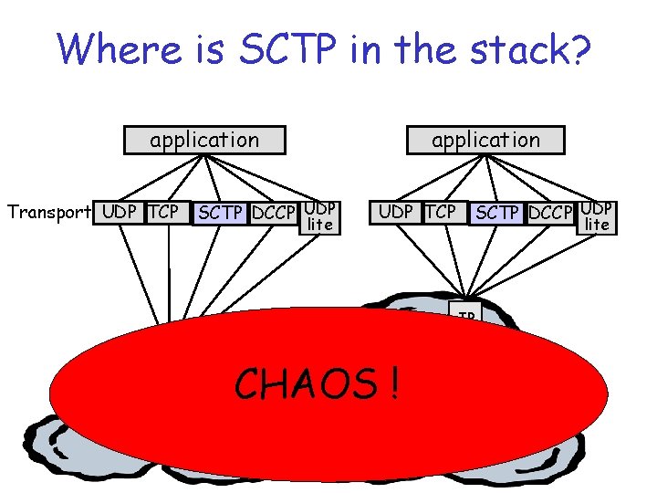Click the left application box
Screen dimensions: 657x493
[x=204, y=140]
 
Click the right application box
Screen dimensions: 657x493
[x=485, y=140]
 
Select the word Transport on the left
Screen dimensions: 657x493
[x=48, y=213]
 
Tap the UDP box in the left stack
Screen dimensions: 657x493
[x=119, y=212]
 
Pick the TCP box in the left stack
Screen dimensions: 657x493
[x=164, y=212]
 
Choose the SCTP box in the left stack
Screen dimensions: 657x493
[x=219, y=214]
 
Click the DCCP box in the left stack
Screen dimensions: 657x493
[x=274, y=214]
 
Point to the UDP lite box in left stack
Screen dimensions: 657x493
[x=319, y=216]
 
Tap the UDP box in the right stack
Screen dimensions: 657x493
[x=395, y=212]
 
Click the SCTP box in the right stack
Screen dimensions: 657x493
[x=497, y=214]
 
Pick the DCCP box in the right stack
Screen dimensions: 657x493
[x=550, y=214]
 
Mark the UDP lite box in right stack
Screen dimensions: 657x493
[x=597, y=216]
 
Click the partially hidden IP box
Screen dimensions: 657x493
[x=466, y=316]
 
